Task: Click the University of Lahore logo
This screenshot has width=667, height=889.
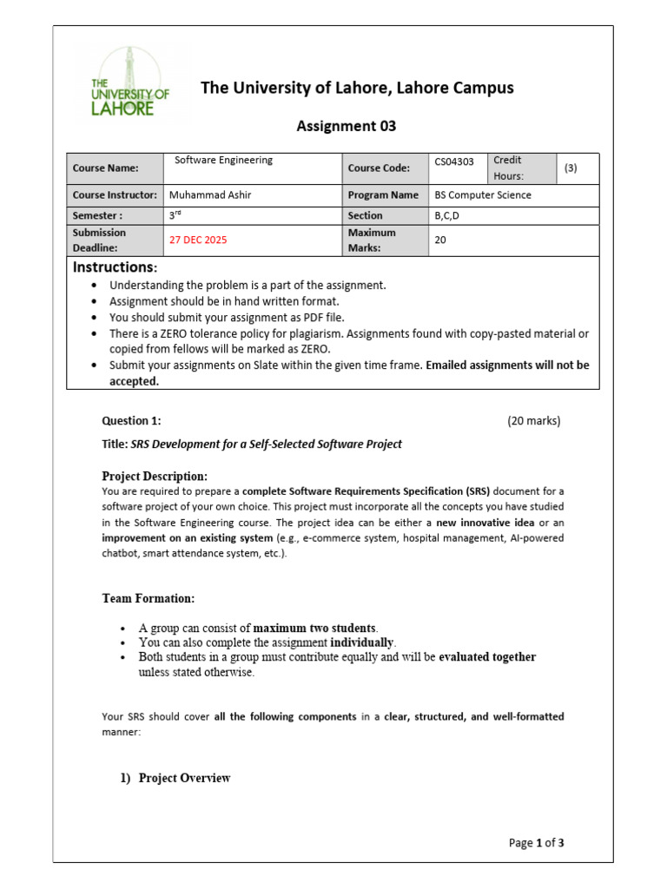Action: (x=130, y=83)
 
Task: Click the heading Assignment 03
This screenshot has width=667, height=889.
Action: (x=346, y=126)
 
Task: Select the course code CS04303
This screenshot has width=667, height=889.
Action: (x=454, y=161)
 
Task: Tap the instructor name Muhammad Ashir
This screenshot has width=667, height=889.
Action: (x=210, y=195)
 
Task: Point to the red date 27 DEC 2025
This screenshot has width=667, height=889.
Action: (x=198, y=240)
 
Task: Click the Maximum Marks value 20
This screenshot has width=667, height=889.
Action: (x=440, y=240)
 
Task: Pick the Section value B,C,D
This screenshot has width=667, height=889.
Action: (x=449, y=215)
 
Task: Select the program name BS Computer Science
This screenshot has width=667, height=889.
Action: (x=483, y=195)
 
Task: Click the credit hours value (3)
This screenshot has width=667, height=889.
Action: (x=571, y=168)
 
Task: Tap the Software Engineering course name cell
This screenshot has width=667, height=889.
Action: (x=224, y=160)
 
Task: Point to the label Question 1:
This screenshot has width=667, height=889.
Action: (x=131, y=421)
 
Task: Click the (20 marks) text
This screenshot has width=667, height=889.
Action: (x=534, y=421)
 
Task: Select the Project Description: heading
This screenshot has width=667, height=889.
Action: (x=155, y=476)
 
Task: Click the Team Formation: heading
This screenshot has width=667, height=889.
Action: (x=149, y=599)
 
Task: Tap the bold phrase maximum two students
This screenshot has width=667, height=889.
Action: (x=315, y=628)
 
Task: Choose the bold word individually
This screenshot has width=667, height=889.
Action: (x=362, y=642)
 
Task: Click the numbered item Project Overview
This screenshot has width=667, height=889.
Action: (x=184, y=778)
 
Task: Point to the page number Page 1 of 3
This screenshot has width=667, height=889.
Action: (x=536, y=842)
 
